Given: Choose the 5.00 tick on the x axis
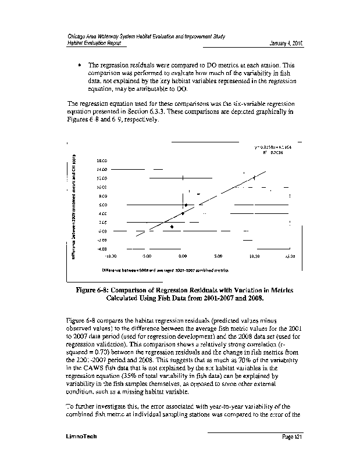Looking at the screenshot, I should (218, 255).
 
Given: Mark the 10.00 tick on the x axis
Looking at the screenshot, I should (254, 255).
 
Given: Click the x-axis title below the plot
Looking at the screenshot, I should (164, 270).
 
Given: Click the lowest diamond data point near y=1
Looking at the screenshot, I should (172, 227).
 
